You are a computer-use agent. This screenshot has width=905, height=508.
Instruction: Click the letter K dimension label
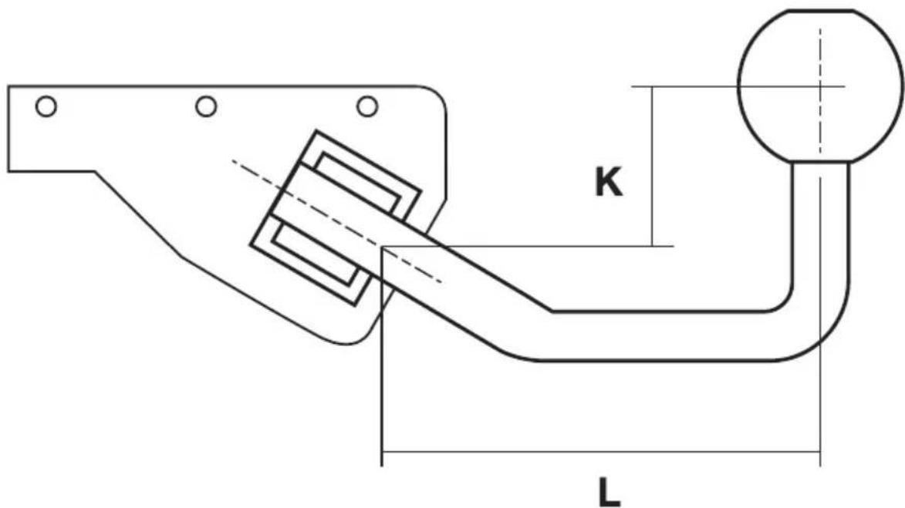609,183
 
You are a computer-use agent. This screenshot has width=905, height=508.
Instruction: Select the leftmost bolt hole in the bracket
46,106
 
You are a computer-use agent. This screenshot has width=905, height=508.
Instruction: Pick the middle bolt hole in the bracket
206,106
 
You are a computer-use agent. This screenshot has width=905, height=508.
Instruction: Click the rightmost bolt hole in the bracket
367,106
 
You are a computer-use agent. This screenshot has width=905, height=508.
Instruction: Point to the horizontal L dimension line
602,452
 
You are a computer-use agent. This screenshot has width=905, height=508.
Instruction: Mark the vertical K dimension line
653,166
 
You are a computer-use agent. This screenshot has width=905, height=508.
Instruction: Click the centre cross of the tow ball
820,86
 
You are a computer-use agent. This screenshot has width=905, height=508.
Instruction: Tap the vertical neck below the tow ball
822,224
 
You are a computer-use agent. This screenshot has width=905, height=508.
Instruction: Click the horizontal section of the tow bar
656,336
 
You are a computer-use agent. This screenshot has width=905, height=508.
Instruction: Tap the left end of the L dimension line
383,452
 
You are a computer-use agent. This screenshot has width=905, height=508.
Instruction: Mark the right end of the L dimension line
820,452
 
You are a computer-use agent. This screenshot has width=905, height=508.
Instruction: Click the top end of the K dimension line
653,86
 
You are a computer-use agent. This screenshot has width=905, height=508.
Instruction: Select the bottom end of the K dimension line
653,246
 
